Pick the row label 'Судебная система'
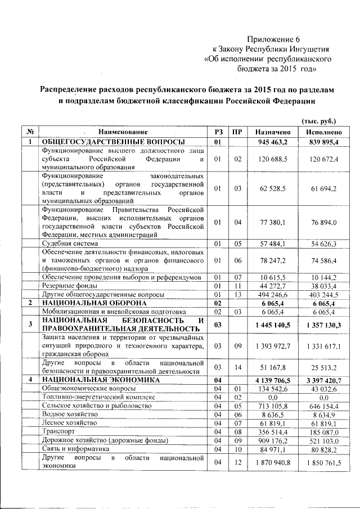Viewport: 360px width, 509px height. [x=70, y=244]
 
